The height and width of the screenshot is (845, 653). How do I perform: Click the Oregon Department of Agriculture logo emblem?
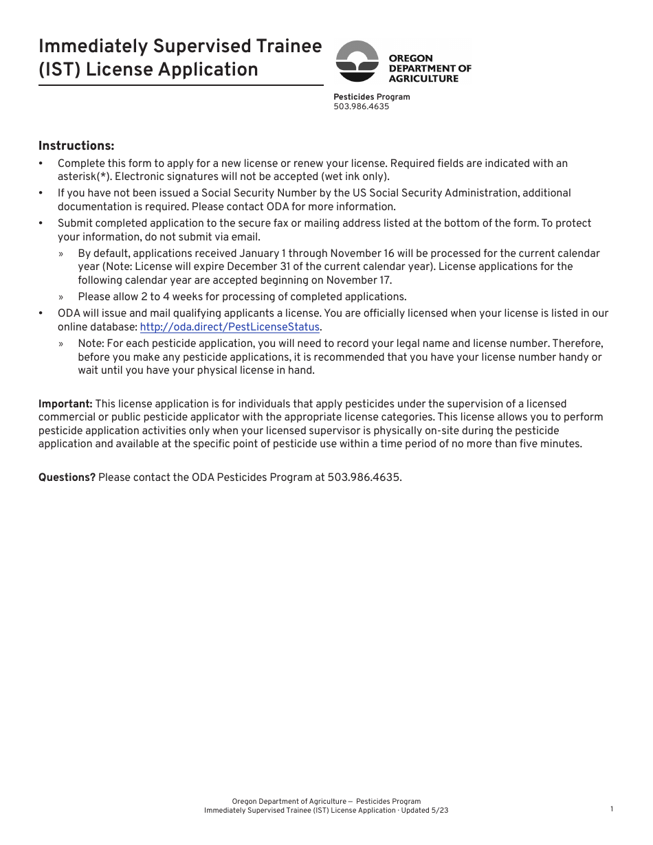[357, 62]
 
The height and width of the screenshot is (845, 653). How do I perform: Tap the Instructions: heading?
[76, 146]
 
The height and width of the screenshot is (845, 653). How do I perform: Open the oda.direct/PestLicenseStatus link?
[230, 327]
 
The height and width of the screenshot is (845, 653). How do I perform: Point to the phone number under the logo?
[361, 106]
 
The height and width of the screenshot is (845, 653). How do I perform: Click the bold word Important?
[65, 404]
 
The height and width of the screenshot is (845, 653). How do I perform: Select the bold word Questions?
[67, 477]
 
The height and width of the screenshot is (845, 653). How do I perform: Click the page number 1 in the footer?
[612, 809]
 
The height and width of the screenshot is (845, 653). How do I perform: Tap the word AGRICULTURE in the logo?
[423, 78]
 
